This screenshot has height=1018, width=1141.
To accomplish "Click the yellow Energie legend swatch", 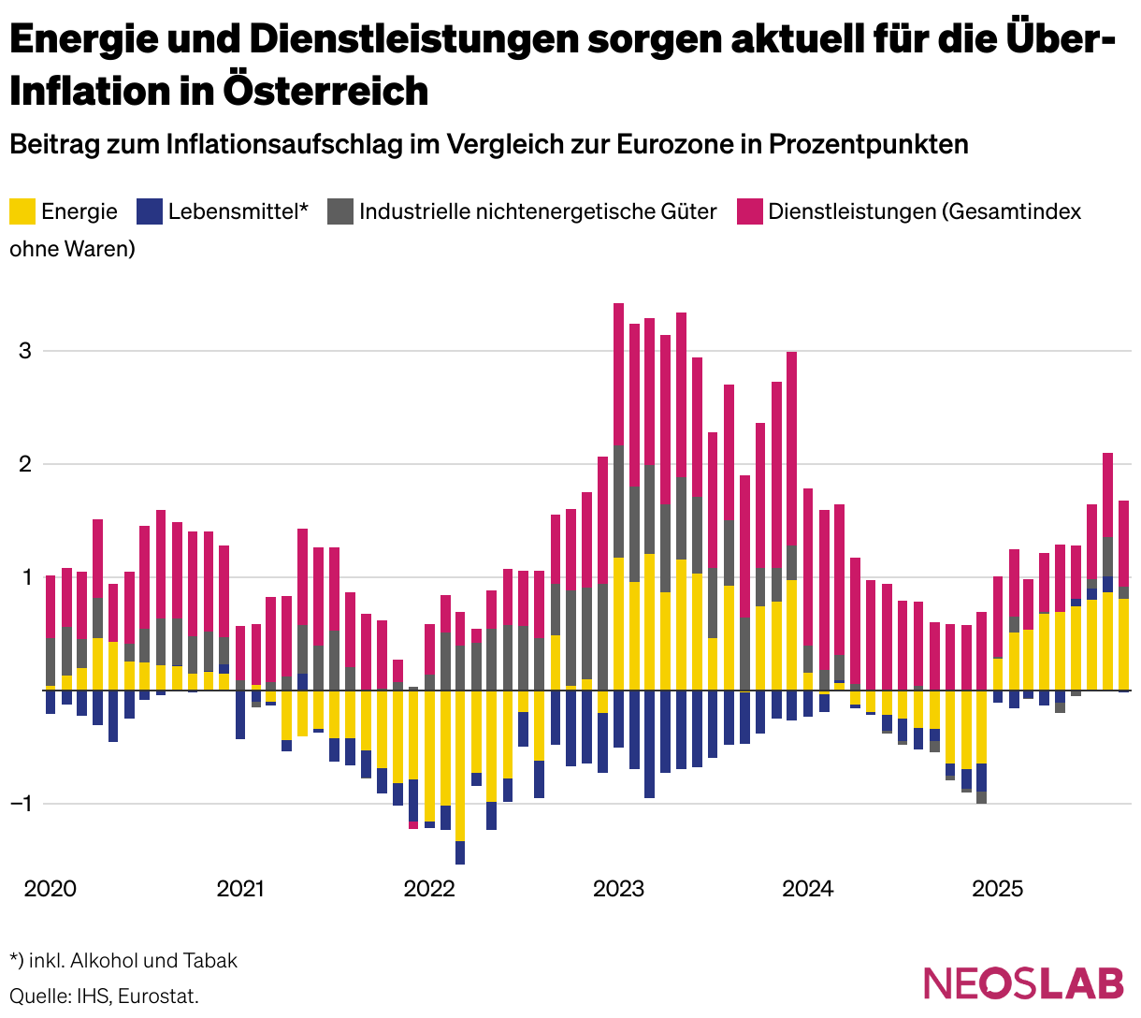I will tap(22, 211).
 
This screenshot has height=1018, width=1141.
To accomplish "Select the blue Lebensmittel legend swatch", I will tap(150, 211).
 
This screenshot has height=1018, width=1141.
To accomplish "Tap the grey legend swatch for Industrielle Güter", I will tap(340, 211).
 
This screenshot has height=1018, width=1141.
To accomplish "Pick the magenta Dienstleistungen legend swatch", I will tap(750, 211).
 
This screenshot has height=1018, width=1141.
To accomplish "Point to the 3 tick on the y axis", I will tap(26, 351).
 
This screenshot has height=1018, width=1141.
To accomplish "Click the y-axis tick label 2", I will tap(26, 464).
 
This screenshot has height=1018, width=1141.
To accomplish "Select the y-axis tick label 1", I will tap(26, 577).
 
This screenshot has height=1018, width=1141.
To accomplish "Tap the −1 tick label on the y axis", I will tap(21, 804).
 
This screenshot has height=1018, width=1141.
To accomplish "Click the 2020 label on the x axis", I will tap(51, 888).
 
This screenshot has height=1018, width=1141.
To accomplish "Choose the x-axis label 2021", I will tap(240, 888).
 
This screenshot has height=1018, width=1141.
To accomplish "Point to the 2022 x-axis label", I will tap(429, 888).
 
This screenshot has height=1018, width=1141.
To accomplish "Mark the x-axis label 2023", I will tap(619, 888).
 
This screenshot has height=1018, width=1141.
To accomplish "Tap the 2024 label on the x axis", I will tap(808, 888).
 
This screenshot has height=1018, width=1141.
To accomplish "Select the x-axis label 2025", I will tap(998, 888).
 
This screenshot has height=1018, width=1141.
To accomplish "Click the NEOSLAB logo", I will tap(1024, 982).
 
